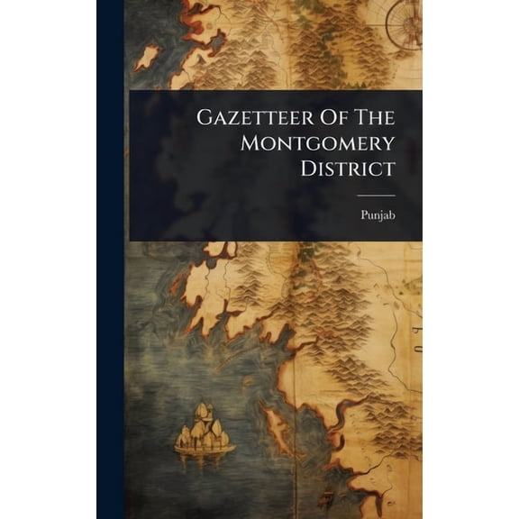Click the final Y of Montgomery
388,143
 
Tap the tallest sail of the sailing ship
205,416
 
